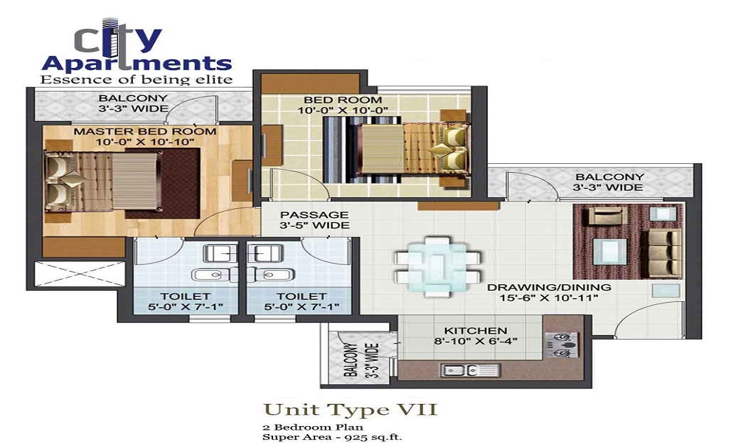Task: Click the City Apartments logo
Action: pyautogui.click(x=137, y=52)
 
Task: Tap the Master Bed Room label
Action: pyautogui.click(x=145, y=131)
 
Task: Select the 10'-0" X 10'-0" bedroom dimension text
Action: pyautogui.click(x=342, y=111)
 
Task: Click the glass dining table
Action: pyautogui.click(x=438, y=266)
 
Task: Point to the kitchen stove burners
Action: pyautogui.click(x=562, y=343)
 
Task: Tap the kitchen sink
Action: pyautogui.click(x=469, y=370)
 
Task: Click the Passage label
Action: pyautogui.click(x=314, y=215)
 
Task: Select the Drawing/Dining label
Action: pyautogui.click(x=549, y=287)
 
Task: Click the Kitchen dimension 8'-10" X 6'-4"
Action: pyautogui.click(x=475, y=341)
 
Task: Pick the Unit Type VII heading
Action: pyautogui.click(x=350, y=409)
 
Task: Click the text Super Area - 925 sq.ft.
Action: pyautogui.click(x=332, y=437)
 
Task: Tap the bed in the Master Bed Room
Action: pyautogui.click(x=103, y=181)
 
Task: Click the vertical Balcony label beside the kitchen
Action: pyautogui.click(x=362, y=360)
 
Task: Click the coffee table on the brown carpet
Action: pyautogui.click(x=610, y=251)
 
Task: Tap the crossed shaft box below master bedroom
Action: pyautogui.click(x=80, y=273)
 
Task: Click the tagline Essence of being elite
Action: pyautogui.click(x=137, y=79)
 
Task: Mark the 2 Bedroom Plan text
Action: pyautogui.click(x=313, y=427)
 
